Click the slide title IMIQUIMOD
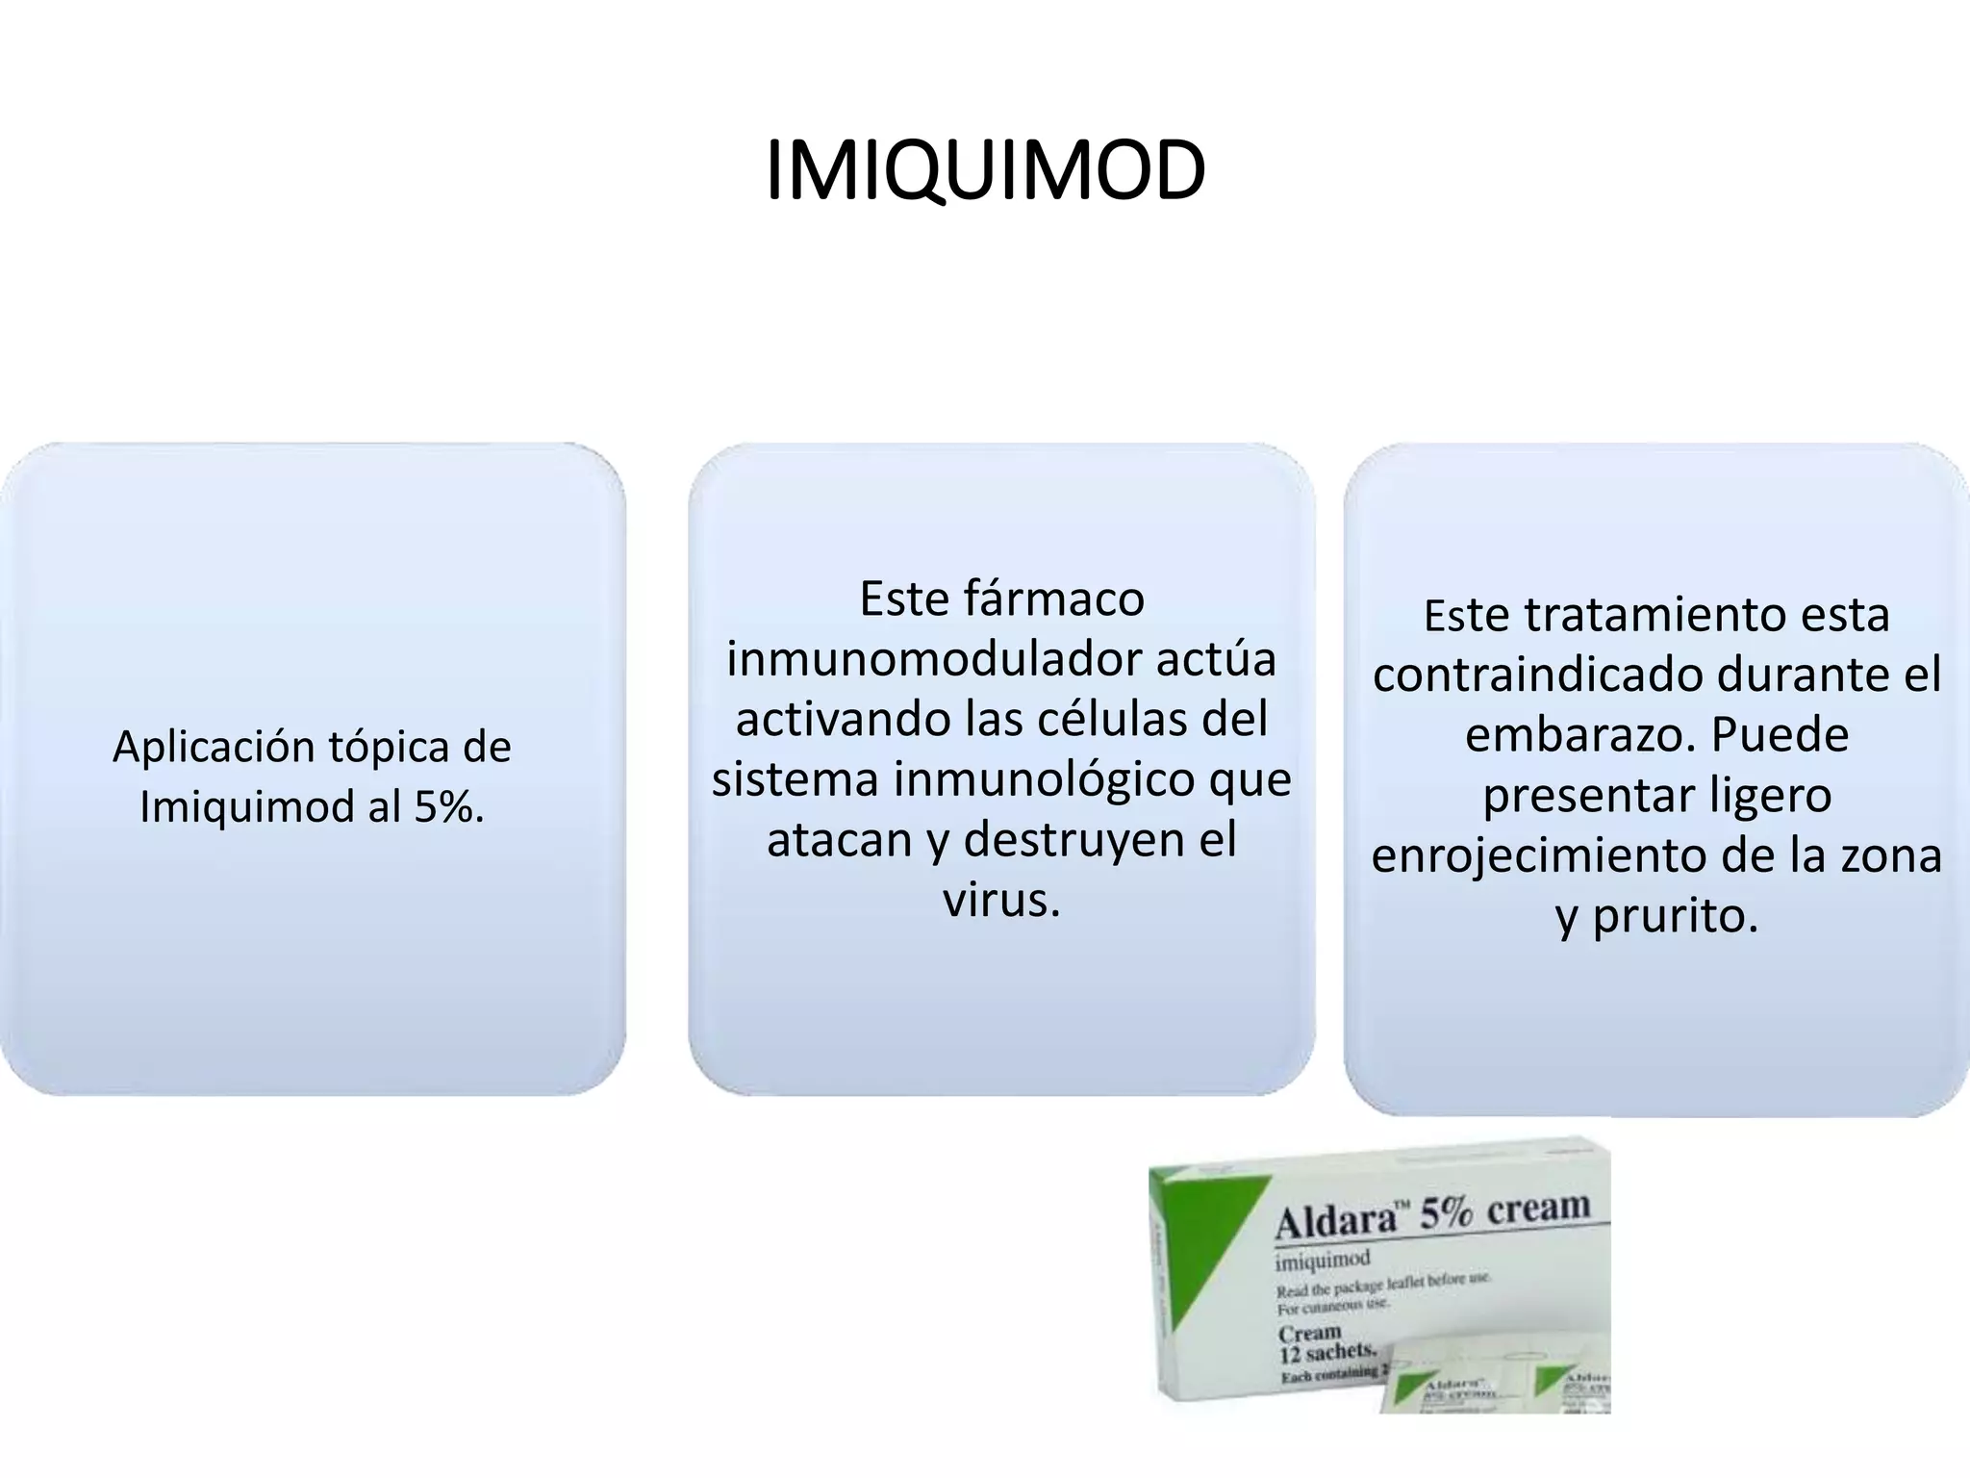[x=985, y=171]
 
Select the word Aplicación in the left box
[x=214, y=747]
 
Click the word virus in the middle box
[x=1000, y=900]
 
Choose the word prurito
[x=1675, y=915]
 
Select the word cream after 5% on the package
[x=1538, y=1207]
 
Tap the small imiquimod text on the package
[x=1323, y=1260]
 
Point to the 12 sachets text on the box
[x=1326, y=1353]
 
